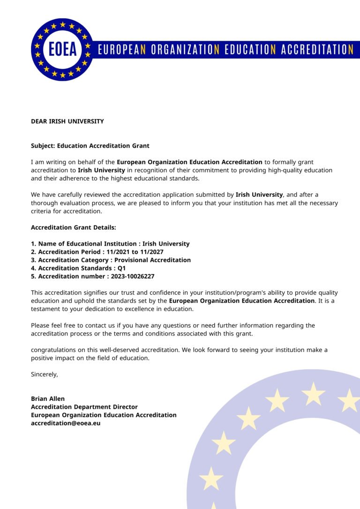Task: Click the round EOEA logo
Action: tap(62, 49)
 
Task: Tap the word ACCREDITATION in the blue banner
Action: tap(317, 50)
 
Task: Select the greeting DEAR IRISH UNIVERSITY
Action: tap(67, 121)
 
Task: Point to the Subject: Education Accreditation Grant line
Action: tap(90, 146)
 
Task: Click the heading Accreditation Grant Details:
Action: tap(73, 227)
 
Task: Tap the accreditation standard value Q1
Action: tap(122, 268)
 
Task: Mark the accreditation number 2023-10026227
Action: tap(133, 277)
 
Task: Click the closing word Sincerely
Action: tap(44, 374)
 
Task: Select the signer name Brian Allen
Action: tap(48, 399)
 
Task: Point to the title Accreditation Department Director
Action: tap(84, 407)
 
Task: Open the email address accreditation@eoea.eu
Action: tap(66, 423)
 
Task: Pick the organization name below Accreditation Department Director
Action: tap(104, 415)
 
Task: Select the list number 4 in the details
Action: tap(33, 268)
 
